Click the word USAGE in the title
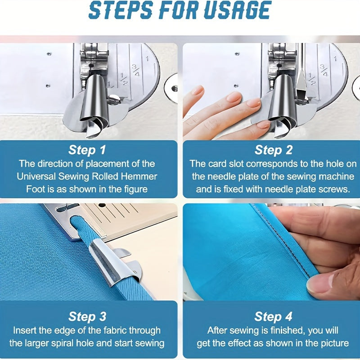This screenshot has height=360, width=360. coord(238,10)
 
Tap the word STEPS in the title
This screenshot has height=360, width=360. coord(121,10)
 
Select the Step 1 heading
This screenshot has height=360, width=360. coord(87,150)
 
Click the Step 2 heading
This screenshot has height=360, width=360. coord(274,150)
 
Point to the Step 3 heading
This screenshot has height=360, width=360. coord(87,316)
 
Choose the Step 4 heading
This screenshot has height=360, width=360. coord(273,316)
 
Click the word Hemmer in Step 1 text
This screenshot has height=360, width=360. coord(139,176)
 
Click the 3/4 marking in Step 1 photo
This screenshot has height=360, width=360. coord(135,71)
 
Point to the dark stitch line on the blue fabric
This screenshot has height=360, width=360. coord(283,239)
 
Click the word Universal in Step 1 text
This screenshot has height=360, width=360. coord(36,176)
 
